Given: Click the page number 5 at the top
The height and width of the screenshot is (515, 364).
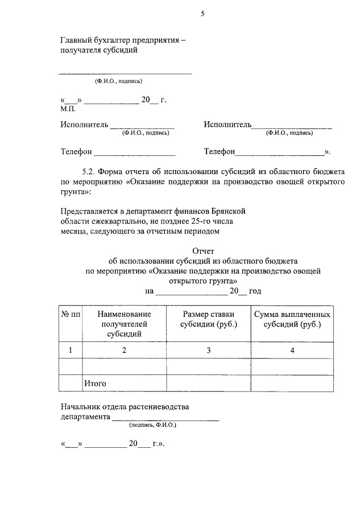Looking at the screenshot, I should (202, 14).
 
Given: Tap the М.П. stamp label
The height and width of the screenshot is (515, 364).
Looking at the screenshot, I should (68, 108).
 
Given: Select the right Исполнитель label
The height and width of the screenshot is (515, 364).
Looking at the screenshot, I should (227, 125).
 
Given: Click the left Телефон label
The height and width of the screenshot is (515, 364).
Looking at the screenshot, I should (76, 152).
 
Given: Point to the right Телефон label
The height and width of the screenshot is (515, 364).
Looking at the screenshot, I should (220, 152).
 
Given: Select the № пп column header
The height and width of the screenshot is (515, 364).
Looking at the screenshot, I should (71, 314).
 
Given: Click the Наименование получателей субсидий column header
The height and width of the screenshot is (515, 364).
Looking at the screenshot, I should (124, 324).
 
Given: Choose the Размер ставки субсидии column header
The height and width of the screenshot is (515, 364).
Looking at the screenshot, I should (208, 319).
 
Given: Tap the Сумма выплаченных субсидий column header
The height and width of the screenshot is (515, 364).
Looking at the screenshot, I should (292, 319).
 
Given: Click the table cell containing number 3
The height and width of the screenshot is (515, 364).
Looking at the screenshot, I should (208, 350).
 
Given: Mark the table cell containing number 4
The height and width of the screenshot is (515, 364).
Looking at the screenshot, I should (292, 350).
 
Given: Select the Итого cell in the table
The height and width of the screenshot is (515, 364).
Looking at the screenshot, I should (95, 384).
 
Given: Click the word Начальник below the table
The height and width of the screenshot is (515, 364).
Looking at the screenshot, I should (81, 407).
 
